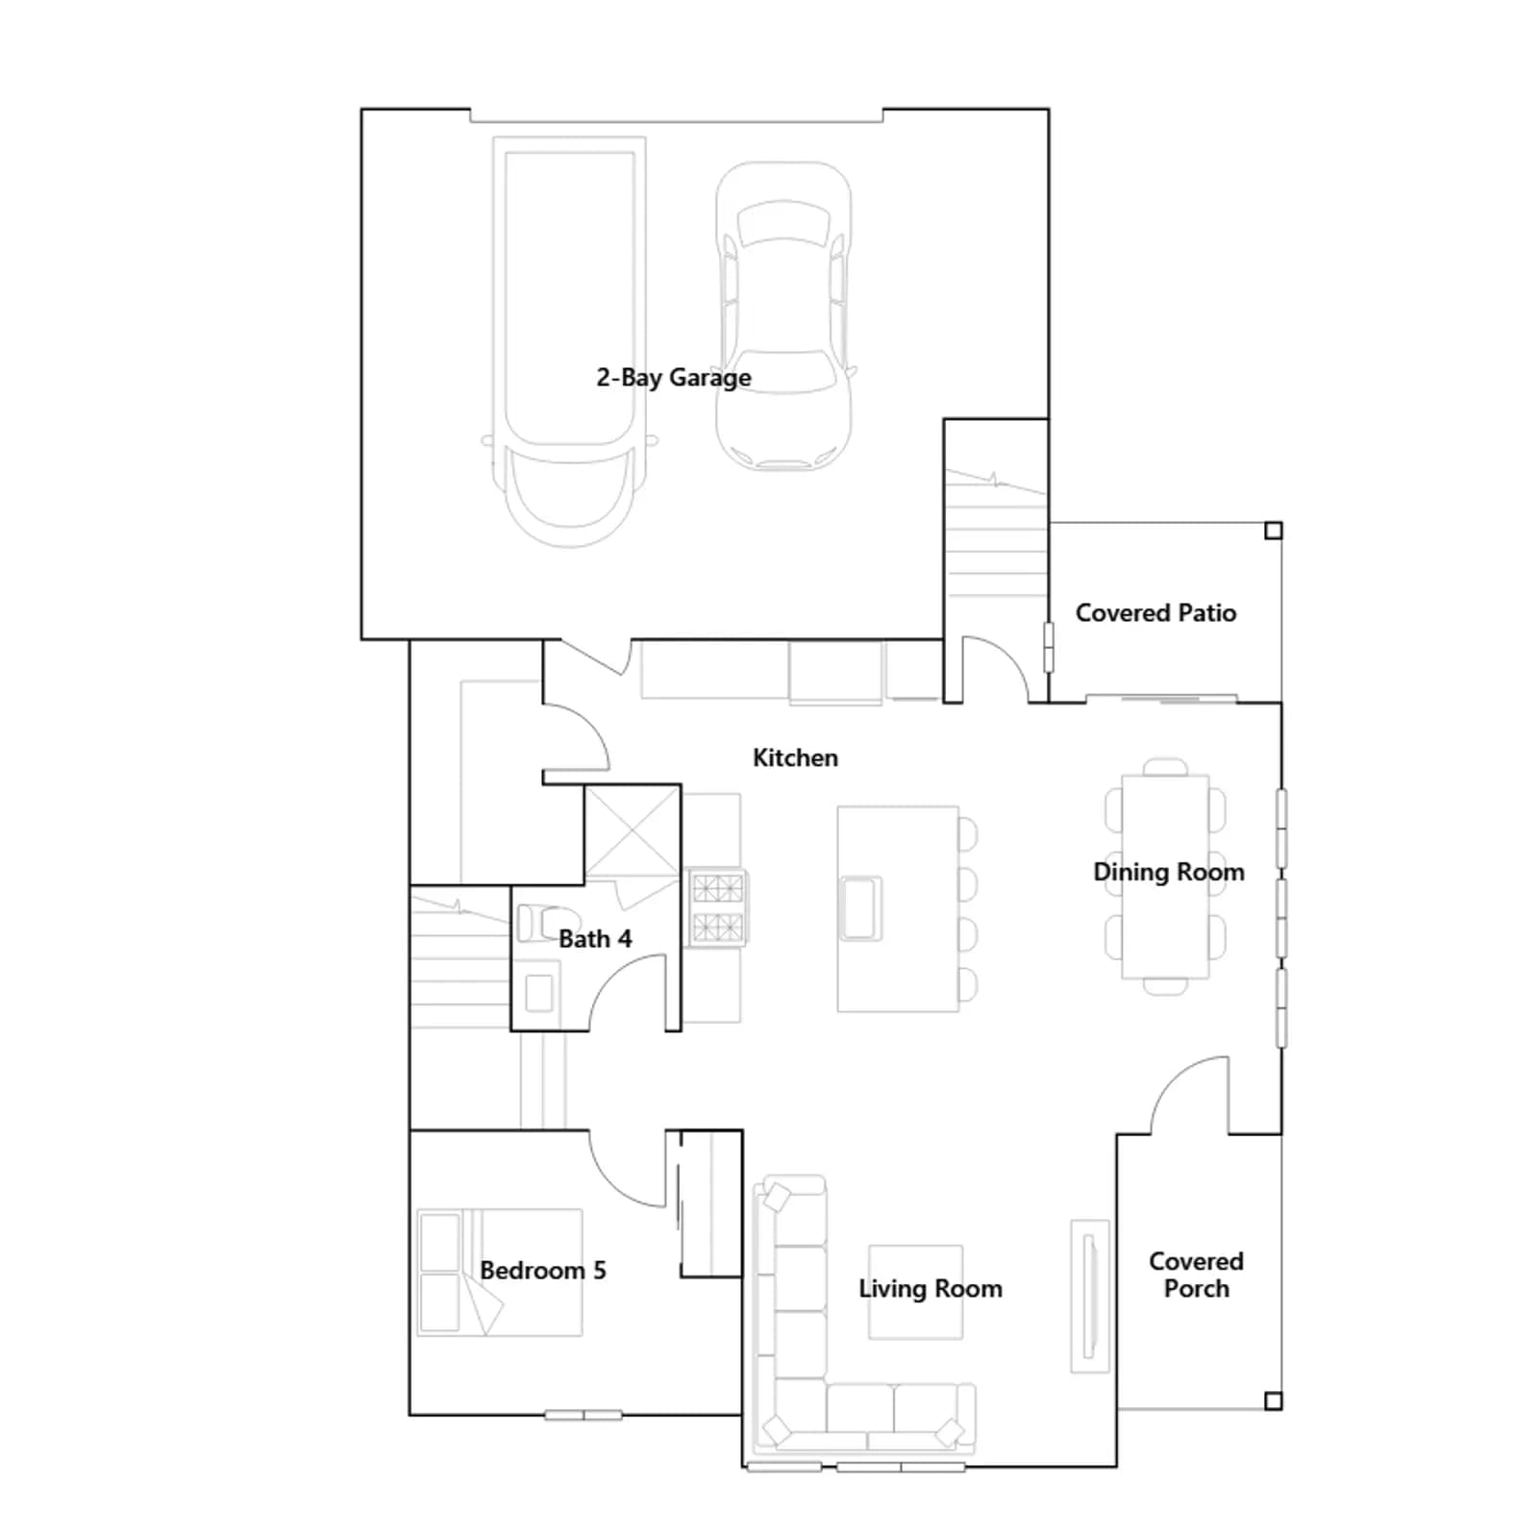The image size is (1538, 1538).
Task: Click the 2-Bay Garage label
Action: (674, 378)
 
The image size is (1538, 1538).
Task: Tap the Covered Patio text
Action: (1155, 613)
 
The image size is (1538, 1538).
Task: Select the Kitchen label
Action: (795, 757)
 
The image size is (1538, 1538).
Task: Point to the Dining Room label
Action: (1169, 872)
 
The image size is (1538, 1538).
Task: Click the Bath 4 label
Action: (595, 939)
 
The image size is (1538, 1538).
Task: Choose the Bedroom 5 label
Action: (543, 1271)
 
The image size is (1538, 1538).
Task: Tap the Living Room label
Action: (930, 1289)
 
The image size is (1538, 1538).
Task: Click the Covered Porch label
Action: (1196, 1275)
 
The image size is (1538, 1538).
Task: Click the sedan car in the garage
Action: (784, 315)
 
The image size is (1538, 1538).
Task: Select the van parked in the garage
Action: (569, 341)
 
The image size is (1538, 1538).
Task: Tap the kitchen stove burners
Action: (717, 907)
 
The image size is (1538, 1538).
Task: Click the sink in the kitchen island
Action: (860, 908)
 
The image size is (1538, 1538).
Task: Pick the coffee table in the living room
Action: (916, 1292)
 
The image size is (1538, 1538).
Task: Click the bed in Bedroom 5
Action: (500, 1273)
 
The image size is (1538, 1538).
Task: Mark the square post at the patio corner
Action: (1274, 531)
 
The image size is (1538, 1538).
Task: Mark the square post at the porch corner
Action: (1274, 1402)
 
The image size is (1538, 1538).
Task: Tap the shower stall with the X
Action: (633, 832)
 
